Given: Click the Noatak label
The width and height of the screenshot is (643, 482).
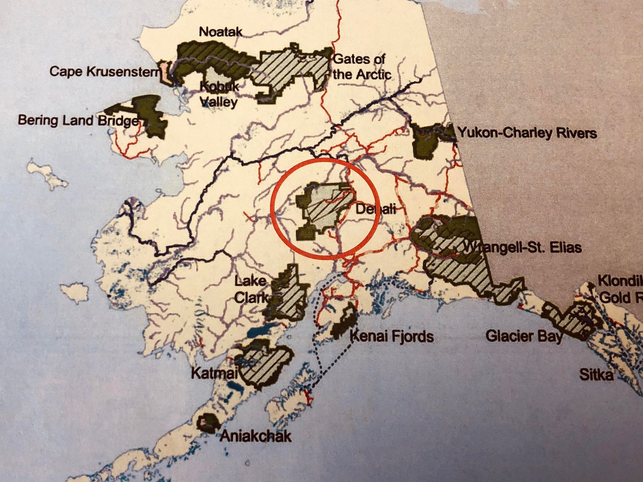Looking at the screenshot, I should pos(221,32).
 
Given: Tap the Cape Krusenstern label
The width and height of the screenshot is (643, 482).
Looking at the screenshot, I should pos(104,72).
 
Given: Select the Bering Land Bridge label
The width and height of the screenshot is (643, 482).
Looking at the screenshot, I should pos(78,120).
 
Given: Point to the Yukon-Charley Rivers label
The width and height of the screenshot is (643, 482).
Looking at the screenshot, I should pos(527,133).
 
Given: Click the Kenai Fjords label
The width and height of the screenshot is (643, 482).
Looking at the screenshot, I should pos(392,336).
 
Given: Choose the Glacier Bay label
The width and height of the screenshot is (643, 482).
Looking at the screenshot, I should pos(524,336).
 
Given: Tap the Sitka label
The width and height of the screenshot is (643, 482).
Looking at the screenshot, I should pos(596,374).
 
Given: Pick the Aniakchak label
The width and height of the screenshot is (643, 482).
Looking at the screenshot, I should pos(255,436).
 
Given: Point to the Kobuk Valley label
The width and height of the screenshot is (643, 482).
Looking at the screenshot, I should pos(219,94).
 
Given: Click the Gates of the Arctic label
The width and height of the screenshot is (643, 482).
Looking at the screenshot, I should pos(361,67).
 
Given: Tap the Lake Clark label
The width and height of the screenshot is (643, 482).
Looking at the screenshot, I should pos(250,289).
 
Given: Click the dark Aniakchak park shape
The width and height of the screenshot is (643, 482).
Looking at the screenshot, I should pos(207,423).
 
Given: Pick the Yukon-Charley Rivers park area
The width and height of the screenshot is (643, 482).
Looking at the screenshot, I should pos(429,140).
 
